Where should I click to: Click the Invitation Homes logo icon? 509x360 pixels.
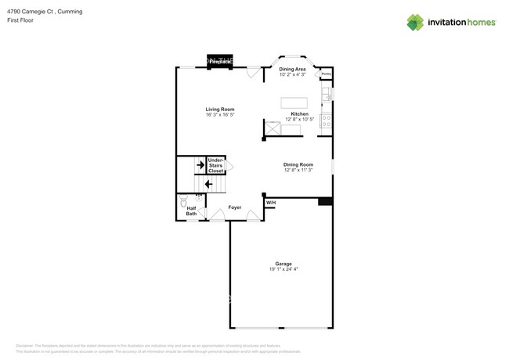click(415, 23)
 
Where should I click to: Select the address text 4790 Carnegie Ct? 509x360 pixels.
click(30, 12)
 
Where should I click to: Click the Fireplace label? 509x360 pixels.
click(220, 60)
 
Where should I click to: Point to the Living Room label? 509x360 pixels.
click(220, 110)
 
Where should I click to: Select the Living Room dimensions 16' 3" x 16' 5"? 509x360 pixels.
click(220, 115)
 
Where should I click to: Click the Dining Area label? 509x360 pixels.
click(292, 70)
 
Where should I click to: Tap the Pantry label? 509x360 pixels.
click(327, 74)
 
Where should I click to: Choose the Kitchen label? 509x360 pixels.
click(300, 114)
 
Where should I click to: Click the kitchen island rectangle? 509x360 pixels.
click(294, 103)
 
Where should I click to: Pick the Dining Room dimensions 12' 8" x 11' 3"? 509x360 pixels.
click(298, 170)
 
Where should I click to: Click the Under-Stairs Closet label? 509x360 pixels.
click(215, 165)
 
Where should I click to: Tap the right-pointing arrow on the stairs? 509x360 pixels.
click(200, 165)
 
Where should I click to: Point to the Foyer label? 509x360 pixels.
click(235, 207)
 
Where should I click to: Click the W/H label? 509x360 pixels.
click(271, 203)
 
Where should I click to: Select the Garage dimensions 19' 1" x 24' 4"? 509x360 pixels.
click(283, 269)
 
